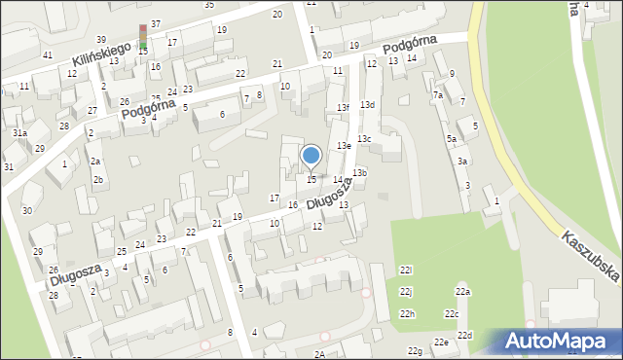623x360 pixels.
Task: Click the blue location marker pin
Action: [x=311, y=156]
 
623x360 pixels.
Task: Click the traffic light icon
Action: [x=144, y=37]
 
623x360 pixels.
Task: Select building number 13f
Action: [x=343, y=107]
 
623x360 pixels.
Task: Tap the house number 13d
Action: [x=367, y=104]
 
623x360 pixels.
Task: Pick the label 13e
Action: [x=344, y=145]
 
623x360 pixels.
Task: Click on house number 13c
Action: [x=363, y=139]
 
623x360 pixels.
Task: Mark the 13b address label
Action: [x=360, y=172]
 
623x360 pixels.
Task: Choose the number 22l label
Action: [x=406, y=270]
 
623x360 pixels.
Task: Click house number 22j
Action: [x=406, y=292]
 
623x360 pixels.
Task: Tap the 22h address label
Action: [x=407, y=313]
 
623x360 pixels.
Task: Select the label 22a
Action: [x=462, y=292]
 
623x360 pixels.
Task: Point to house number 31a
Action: [x=19, y=132]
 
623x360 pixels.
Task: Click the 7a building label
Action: [x=438, y=95]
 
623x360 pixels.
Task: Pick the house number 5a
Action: [x=452, y=139]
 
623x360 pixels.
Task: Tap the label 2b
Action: [x=98, y=180]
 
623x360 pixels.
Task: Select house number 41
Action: [x=48, y=54]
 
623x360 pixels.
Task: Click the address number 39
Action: [x=100, y=40]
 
